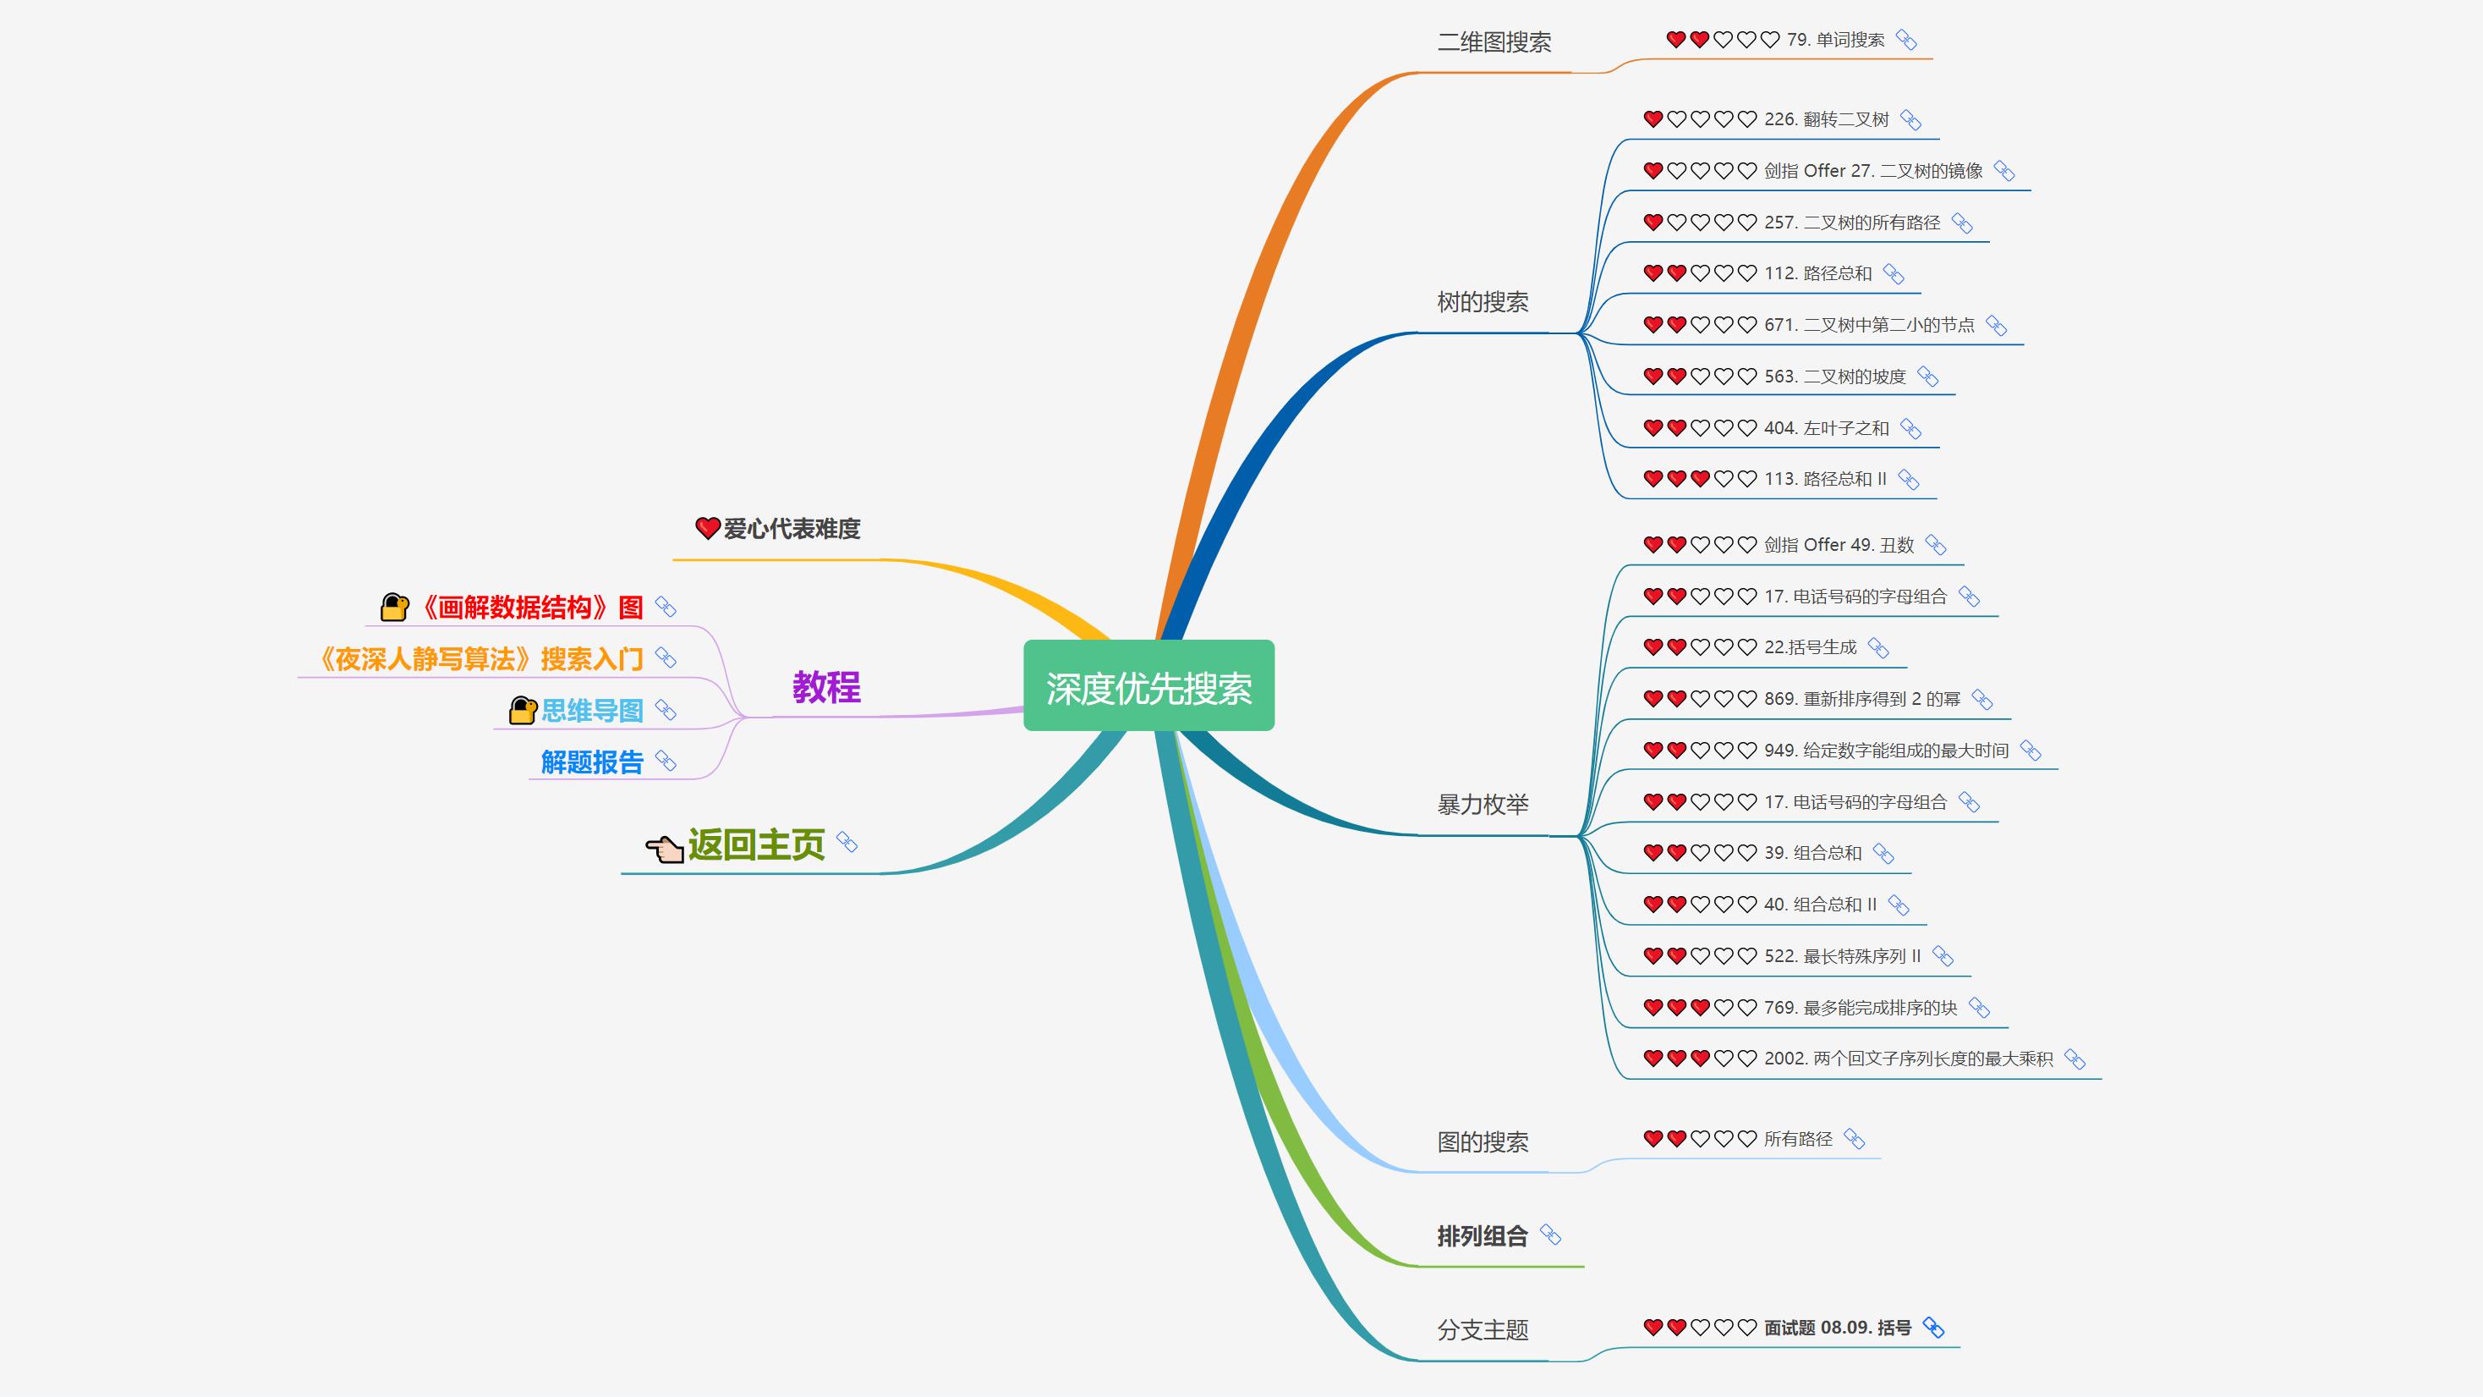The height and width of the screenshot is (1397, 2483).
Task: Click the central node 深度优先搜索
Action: click(1149, 685)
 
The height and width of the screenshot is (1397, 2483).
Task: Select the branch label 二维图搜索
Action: click(1494, 42)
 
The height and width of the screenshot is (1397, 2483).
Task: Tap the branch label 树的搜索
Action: click(1483, 302)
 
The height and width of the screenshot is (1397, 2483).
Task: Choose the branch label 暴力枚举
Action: click(1483, 804)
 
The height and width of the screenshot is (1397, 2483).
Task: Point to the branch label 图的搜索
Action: click(1483, 1142)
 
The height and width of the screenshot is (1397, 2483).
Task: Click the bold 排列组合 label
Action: click(1483, 1236)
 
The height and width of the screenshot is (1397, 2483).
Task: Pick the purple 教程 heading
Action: click(826, 687)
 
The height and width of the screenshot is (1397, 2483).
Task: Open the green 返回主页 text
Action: click(757, 844)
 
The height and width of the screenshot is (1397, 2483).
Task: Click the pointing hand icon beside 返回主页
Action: click(665, 849)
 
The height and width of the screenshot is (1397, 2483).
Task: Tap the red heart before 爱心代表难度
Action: click(708, 527)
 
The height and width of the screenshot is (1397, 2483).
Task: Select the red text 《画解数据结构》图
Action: click(531, 608)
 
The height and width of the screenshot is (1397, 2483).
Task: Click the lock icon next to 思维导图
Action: click(523, 711)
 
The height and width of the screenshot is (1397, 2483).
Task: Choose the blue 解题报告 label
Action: click(592, 762)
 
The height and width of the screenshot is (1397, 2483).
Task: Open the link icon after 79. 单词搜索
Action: click(1905, 40)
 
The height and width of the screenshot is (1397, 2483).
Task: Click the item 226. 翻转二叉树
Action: click(1827, 119)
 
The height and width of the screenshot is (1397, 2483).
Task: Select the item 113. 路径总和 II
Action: click(1826, 479)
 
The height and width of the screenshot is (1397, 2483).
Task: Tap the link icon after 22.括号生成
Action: click(1877, 648)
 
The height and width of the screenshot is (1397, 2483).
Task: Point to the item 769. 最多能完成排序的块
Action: click(1861, 1008)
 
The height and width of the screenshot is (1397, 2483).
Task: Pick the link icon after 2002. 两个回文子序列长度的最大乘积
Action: click(2075, 1059)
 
